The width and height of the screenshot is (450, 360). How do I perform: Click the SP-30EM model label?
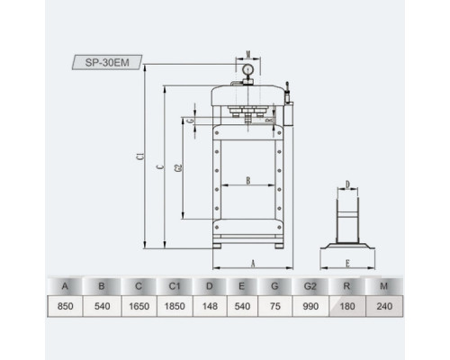pyautogui.click(x=107, y=62)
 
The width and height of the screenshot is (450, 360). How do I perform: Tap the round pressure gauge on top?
pyautogui.click(x=248, y=69)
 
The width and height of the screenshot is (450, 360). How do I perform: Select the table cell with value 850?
pyautogui.click(x=65, y=306)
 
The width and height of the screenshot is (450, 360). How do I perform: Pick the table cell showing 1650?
pyautogui.click(x=139, y=306)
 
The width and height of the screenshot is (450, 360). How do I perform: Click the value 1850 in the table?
pyautogui.click(x=175, y=306)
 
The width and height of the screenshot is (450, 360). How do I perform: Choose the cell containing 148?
pyautogui.click(x=210, y=306)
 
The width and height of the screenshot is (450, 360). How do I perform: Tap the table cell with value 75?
pyautogui.click(x=274, y=306)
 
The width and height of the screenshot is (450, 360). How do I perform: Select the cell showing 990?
pyautogui.click(x=310, y=306)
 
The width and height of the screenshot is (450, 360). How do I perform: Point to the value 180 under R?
pyautogui.click(x=347, y=306)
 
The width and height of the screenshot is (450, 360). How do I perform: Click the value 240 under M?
pyautogui.click(x=384, y=306)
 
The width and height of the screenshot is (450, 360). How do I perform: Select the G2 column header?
pyautogui.click(x=310, y=286)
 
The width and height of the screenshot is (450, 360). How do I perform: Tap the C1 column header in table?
pyautogui.click(x=175, y=286)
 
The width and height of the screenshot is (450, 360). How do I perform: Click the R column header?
pyautogui.click(x=346, y=286)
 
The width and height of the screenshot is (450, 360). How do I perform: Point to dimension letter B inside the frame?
pyautogui.click(x=248, y=181)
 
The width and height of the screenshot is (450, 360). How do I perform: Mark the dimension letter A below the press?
pyautogui.click(x=253, y=264)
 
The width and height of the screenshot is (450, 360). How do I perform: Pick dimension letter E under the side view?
pyautogui.click(x=347, y=264)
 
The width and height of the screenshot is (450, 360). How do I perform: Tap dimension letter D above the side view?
pyautogui.click(x=347, y=184)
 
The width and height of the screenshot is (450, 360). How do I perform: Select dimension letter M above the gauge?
pyautogui.click(x=248, y=54)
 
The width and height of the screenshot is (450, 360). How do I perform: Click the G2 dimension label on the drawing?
pyautogui.click(x=178, y=168)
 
